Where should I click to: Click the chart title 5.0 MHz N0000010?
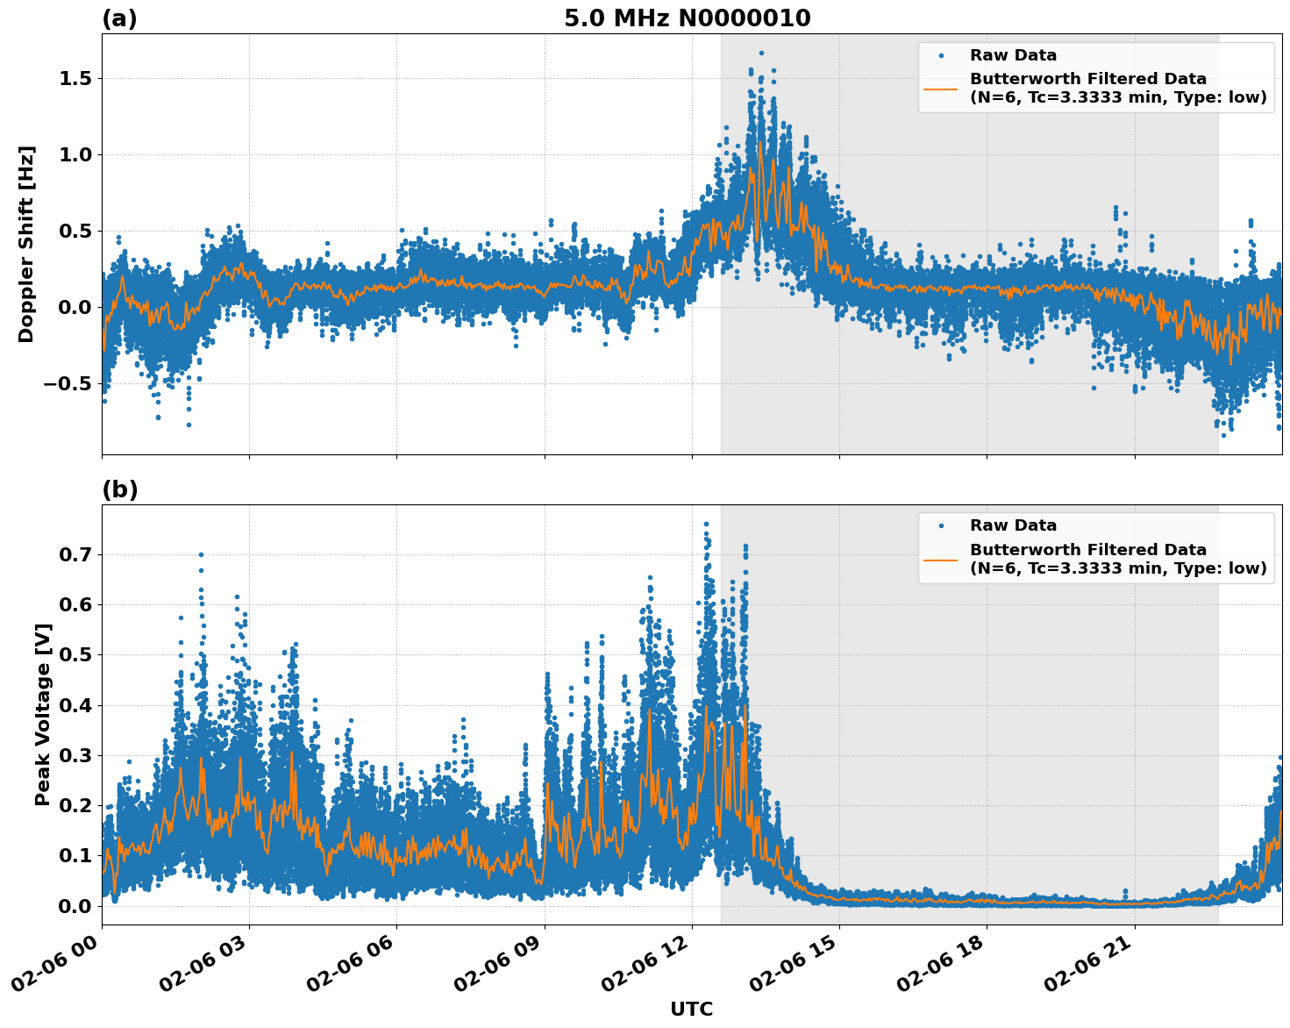coord(687,18)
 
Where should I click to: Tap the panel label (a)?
coord(119,18)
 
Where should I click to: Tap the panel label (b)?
coord(119,489)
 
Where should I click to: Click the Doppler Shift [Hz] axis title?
coord(26,244)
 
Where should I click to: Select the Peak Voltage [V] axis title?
coord(42,714)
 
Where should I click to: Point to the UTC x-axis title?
coord(691,1009)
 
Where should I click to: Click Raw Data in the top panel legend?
coord(1013,55)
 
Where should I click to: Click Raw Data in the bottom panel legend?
coord(1013,525)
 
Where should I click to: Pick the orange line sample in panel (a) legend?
coord(940,89)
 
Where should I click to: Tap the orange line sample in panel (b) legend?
coord(940,559)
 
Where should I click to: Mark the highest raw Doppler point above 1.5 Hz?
coord(761,53)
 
